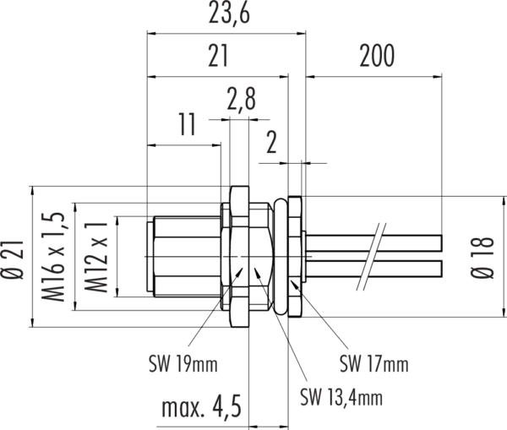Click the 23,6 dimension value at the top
pyautogui.click(x=229, y=14)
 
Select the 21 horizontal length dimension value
pyautogui.click(x=218, y=56)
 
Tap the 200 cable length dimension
pyautogui.click(x=377, y=56)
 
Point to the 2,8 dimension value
pyautogui.click(x=241, y=98)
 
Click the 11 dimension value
pyautogui.click(x=188, y=124)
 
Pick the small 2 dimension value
pyautogui.click(x=271, y=142)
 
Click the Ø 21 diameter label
pyautogui.click(x=13, y=259)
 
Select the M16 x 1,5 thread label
pyautogui.click(x=53, y=257)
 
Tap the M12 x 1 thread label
pyautogui.click(x=95, y=258)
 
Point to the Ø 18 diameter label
pyautogui.click(x=482, y=258)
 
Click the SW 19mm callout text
pyautogui.click(x=183, y=364)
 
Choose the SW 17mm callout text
pyautogui.click(x=373, y=363)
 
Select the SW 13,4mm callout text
pyautogui.click(x=341, y=397)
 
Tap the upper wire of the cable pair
pyautogui.click(x=373, y=243)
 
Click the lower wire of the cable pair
pyautogui.click(x=373, y=269)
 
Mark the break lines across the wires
pyautogui.click(x=371, y=256)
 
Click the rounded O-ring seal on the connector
pyautogui.click(x=280, y=257)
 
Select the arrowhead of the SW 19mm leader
pyautogui.click(x=239, y=272)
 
